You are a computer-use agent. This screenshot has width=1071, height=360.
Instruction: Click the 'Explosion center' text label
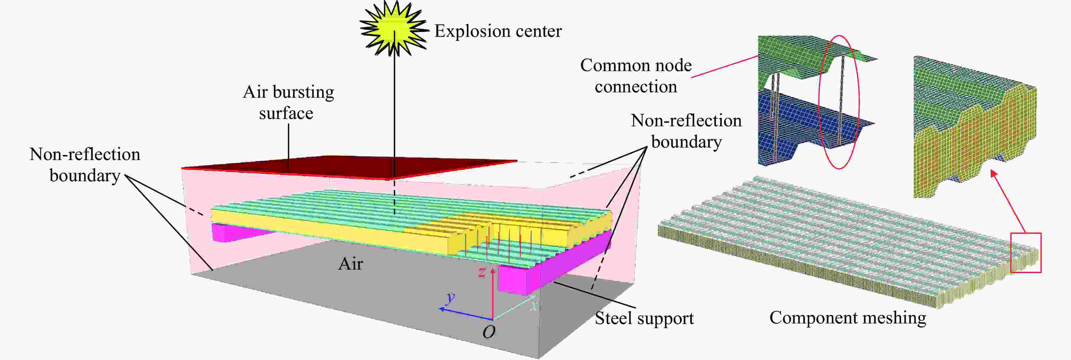coord(498,31)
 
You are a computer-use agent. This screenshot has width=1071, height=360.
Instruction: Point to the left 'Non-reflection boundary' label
coord(85,165)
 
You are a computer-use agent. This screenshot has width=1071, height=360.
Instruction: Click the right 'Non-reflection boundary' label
coord(686,131)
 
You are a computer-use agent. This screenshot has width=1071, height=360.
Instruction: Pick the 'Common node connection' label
coord(636,76)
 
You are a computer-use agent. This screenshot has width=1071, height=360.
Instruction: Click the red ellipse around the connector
coord(839,102)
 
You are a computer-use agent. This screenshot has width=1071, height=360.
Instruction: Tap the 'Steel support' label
coord(644,318)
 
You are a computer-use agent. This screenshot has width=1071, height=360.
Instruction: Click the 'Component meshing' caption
coord(848,318)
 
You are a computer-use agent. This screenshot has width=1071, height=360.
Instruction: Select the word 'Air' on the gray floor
coord(350,264)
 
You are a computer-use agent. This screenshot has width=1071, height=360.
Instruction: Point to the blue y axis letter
coord(450,298)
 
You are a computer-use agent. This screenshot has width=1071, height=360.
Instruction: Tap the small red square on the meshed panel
coord(1026,252)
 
